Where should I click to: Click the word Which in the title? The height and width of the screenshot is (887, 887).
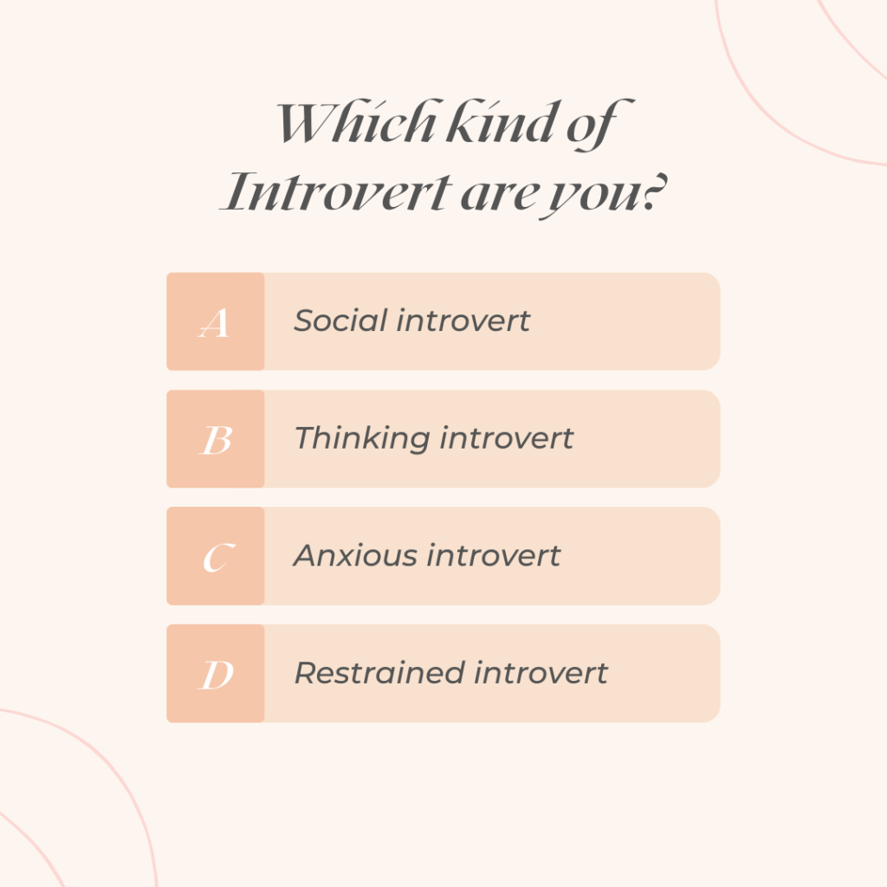pos(356,121)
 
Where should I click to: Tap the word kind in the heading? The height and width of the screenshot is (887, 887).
pos(502,121)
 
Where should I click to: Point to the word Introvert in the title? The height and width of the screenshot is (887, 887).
pos(336,191)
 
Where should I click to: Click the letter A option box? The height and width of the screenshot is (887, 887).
pos(216,321)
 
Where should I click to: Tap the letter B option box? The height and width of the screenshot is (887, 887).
pos(216,439)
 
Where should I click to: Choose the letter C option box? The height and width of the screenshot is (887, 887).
pos(216,556)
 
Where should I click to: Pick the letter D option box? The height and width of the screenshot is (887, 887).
pos(216,673)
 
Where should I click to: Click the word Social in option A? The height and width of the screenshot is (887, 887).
pos(340,320)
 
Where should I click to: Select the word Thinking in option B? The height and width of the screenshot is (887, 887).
pos(363,439)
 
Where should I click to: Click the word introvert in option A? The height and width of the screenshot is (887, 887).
pos(463,320)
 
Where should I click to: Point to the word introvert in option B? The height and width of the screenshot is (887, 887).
pos(507,437)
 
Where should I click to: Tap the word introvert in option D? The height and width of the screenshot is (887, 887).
pos(541,672)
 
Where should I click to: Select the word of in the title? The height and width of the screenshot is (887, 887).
pos(599,125)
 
